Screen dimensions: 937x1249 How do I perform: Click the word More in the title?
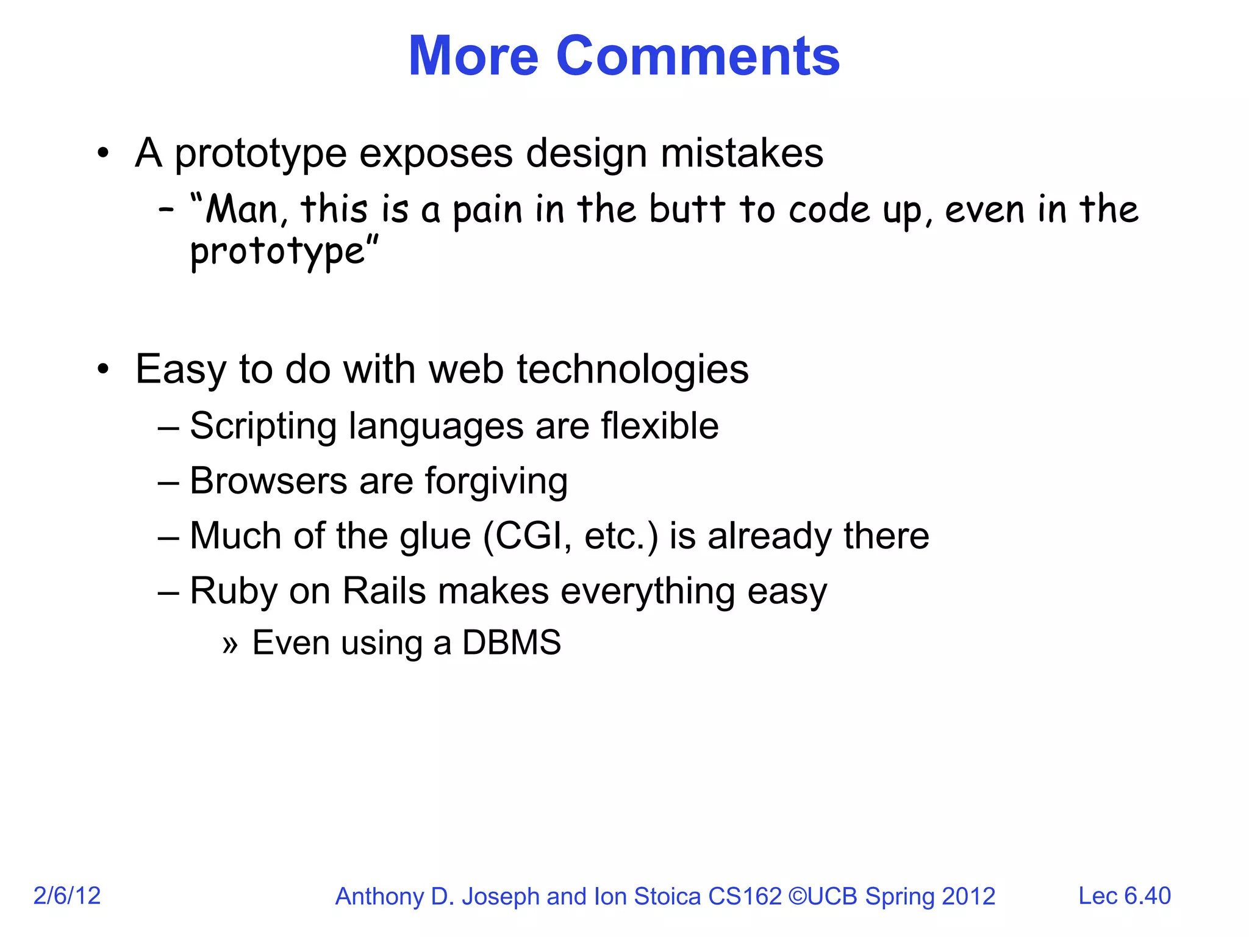click(x=473, y=56)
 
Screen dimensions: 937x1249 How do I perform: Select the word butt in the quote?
click(x=687, y=209)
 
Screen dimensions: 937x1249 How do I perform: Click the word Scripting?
click(x=263, y=426)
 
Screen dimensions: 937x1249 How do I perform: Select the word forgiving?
click(x=496, y=482)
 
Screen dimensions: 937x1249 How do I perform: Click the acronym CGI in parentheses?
click(x=527, y=536)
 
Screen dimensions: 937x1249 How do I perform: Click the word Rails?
click(x=384, y=591)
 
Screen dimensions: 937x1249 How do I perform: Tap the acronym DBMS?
click(x=511, y=642)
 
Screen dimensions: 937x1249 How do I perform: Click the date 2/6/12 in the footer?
click(x=66, y=896)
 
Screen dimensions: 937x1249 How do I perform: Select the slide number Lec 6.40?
click(x=1124, y=896)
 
